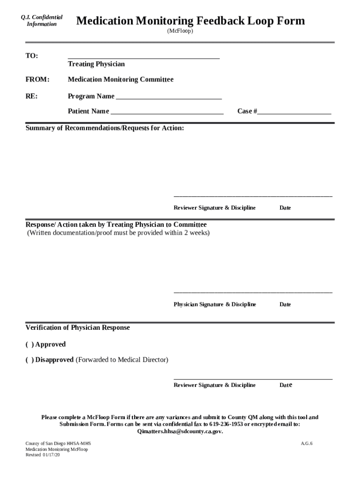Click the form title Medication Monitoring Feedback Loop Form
[190, 21]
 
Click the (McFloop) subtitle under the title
[180, 31]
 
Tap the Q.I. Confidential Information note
[42, 21]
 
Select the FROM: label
[37, 80]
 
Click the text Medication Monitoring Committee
[121, 80]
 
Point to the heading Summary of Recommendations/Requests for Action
[105, 128]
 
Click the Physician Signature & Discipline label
[215, 305]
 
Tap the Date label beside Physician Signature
[285, 305]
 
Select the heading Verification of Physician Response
[78, 328]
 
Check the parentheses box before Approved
[29, 345]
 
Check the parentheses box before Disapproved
[29, 360]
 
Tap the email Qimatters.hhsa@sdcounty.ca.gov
[180, 431]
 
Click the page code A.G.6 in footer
[306, 443]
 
